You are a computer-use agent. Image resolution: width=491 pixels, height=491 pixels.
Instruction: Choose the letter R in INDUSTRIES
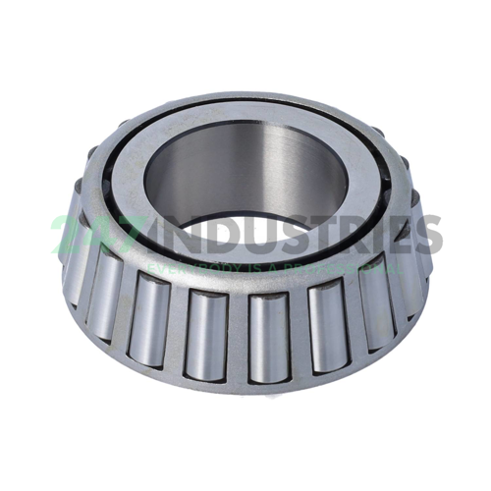pos(353,237)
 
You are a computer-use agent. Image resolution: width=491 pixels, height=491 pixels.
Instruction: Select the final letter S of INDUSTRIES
pos(429,237)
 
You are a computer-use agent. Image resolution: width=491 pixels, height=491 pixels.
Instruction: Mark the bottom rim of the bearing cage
pos(245,388)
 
